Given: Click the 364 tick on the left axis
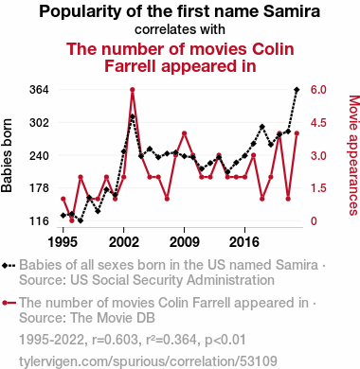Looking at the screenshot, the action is [x=39, y=90].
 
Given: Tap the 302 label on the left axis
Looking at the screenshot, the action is [x=39, y=123].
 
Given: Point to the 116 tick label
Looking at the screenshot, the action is [x=39, y=221].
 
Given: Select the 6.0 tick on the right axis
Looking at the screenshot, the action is [x=318, y=90].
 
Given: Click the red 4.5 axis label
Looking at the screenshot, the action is [x=318, y=123].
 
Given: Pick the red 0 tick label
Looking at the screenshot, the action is [x=314, y=221].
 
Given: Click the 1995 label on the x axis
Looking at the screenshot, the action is [x=63, y=242].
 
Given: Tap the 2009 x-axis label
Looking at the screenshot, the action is [x=184, y=242].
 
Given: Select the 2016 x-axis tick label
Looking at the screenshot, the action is [x=244, y=242].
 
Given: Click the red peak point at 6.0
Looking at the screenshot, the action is [x=133, y=90].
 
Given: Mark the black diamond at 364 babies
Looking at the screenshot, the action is [x=297, y=90].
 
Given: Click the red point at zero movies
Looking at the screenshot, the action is [x=72, y=220].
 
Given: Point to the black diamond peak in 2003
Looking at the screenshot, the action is [x=133, y=116].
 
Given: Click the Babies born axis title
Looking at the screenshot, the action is [x=7, y=155].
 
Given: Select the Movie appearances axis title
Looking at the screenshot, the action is [x=353, y=155].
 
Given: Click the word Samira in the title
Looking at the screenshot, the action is [x=292, y=11].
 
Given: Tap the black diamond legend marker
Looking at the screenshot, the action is [x=9, y=266].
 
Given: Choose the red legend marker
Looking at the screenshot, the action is [x=9, y=304].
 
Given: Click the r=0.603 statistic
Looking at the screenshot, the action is [x=116, y=340].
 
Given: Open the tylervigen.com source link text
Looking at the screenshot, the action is [x=148, y=361].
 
